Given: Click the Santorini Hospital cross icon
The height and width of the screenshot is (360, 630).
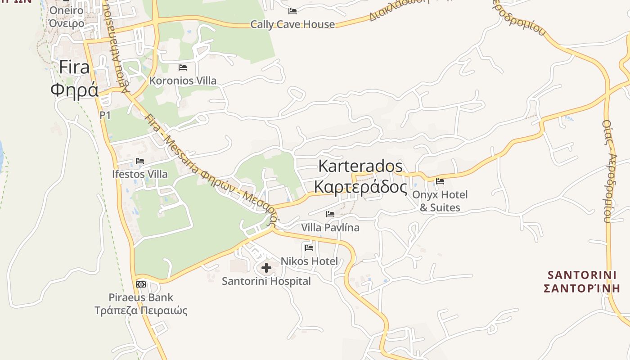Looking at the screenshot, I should coord(266,268).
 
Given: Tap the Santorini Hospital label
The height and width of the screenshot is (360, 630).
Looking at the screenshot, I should coord(266,281).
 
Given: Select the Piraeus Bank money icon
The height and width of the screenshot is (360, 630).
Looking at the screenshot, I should coord(141,284).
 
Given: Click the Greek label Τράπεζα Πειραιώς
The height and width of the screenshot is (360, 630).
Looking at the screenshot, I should coord(141,310).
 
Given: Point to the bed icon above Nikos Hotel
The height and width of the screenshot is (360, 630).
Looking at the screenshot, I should coord(309,247).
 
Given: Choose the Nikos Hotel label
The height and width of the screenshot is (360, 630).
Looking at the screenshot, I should coord(309,261).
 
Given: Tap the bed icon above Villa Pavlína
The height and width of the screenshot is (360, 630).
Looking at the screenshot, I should coord(330,214).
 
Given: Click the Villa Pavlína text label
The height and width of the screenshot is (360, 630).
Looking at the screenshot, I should coord(330,228).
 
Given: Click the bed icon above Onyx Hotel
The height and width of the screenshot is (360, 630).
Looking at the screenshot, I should coord(440,181).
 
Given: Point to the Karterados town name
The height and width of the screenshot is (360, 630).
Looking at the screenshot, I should coord(360,166).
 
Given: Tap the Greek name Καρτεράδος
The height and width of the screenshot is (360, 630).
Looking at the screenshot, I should coord(360,186).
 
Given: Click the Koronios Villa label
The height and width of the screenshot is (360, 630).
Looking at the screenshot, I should coord(183,81).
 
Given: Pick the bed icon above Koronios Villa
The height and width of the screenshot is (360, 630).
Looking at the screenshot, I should coord(183,67).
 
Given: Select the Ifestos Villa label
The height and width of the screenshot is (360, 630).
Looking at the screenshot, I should coord(140,174).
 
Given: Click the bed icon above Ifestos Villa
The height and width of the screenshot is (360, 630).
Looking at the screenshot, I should coord(140,161).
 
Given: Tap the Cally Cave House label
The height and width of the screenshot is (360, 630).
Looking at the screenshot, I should coord(292,24).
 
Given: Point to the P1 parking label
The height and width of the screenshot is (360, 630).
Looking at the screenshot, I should coord(105,115).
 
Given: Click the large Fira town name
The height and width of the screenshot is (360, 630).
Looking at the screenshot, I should coord(74,67).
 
